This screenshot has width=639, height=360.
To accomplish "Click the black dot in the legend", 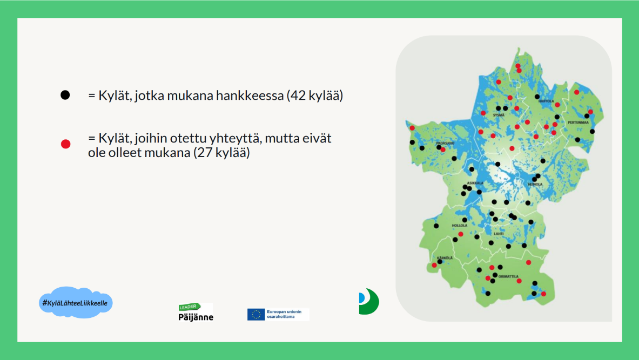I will tap(65, 95).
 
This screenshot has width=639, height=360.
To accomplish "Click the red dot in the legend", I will tap(65, 144).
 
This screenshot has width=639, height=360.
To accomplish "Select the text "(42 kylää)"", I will tap(315, 96).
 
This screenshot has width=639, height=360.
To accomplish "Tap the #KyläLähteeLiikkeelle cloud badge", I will tap(75, 303).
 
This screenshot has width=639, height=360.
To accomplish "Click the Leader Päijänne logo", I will tap(196, 313).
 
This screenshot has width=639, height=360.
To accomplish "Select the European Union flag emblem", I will tap(256, 314).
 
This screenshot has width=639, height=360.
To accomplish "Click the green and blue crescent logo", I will tap(369, 301).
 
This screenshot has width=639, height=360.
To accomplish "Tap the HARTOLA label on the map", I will tap(546, 101).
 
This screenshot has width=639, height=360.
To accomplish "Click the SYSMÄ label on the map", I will tap(499, 115).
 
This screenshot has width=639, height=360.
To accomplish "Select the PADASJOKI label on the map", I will tap(445, 144).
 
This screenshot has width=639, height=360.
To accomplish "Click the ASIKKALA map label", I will tap(475, 183).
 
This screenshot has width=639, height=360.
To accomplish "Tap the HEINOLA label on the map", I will tap(535, 185).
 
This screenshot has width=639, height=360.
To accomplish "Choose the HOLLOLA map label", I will tap(459, 225).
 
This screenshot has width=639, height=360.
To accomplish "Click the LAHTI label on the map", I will tap(498, 233).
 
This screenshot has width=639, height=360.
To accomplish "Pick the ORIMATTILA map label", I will tap(508, 276).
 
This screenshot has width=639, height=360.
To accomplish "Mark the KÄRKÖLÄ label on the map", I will tap(444, 257).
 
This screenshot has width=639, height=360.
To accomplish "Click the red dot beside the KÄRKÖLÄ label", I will tap(434, 265).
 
